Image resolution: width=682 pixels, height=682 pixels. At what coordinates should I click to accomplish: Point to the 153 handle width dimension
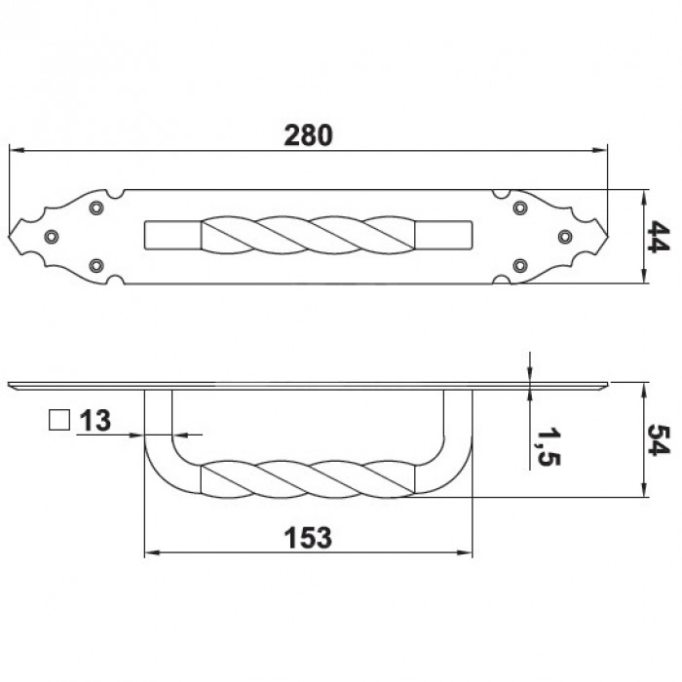(309, 537)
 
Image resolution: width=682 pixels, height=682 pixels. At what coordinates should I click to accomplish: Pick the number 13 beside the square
(95, 421)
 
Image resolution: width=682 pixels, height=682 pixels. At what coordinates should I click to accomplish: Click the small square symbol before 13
(58, 421)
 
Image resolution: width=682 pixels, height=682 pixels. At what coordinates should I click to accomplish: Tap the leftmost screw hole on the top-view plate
(52, 237)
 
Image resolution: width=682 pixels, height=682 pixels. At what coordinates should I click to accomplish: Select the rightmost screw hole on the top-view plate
(564, 237)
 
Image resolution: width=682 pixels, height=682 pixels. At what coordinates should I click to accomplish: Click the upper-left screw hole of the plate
(95, 208)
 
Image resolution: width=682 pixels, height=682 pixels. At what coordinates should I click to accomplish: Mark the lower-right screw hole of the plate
(519, 265)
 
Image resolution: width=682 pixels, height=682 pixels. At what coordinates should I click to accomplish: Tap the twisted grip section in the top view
(309, 237)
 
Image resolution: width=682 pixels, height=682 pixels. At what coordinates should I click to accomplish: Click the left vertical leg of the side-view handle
(159, 419)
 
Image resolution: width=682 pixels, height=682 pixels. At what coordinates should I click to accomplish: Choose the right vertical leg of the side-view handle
(459, 419)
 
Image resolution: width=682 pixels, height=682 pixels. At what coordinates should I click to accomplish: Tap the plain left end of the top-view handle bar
(171, 237)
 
